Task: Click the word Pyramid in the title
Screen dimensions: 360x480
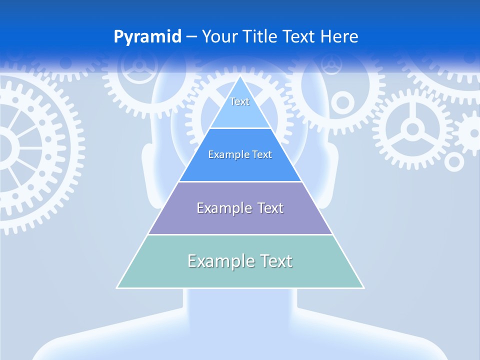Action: click(x=147, y=37)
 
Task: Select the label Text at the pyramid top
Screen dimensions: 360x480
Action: click(x=239, y=101)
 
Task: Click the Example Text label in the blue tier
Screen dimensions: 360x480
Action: click(x=240, y=154)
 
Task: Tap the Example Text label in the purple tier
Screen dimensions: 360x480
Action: click(x=240, y=208)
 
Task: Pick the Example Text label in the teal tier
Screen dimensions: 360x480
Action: click(x=240, y=261)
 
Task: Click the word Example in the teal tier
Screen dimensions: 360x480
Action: click(x=219, y=261)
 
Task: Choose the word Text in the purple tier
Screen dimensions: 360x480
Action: click(x=270, y=208)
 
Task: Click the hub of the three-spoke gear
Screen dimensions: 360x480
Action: click(x=412, y=129)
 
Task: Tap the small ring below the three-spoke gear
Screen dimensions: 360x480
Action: click(x=454, y=161)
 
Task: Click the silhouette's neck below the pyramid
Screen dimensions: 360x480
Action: click(x=240, y=310)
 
